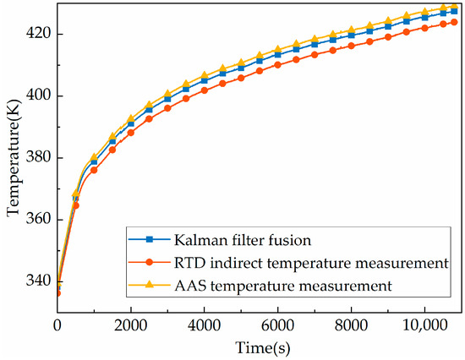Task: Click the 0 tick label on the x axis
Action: (x=57, y=326)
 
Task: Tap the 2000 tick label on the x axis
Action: (x=131, y=326)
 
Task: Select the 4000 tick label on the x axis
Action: (x=205, y=326)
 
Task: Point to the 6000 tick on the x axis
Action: (x=278, y=326)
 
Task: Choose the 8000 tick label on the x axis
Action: (x=352, y=326)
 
